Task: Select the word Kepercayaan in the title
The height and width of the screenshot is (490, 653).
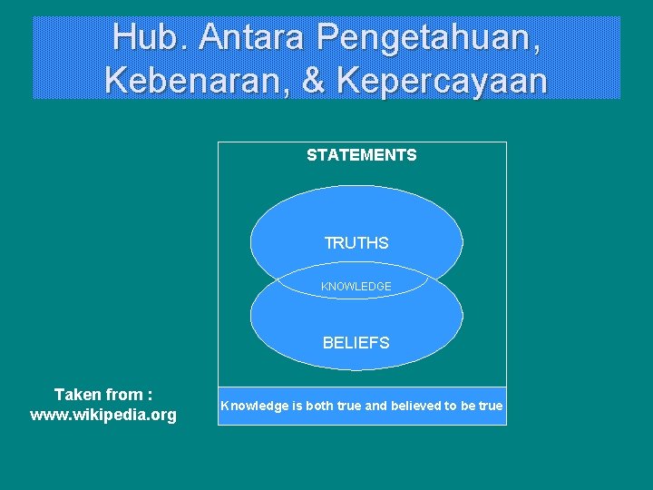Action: pyautogui.click(x=443, y=80)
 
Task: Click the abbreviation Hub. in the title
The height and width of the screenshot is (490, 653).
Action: pyautogui.click(x=150, y=37)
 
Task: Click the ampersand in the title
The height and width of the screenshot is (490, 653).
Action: pyautogui.click(x=314, y=80)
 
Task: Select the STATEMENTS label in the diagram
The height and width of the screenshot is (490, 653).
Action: pyautogui.click(x=361, y=155)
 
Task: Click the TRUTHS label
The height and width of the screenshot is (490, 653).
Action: pyautogui.click(x=356, y=243)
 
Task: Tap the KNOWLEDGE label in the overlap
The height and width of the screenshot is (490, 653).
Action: pyautogui.click(x=356, y=287)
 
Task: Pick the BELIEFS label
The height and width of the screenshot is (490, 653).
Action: pyautogui.click(x=356, y=343)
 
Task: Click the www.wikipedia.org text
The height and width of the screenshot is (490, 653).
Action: pyautogui.click(x=103, y=416)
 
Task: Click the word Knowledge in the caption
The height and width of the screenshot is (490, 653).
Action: pyautogui.click(x=253, y=406)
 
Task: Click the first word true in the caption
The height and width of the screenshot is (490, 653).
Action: pyautogui.click(x=349, y=406)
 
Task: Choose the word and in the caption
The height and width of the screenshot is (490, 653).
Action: pyautogui.click(x=375, y=406)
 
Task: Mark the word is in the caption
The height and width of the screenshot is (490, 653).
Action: pyautogui.click(x=296, y=406)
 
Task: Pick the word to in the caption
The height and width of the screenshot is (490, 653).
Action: pyautogui.click(x=451, y=406)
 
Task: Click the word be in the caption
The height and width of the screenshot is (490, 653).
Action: pyautogui.click(x=469, y=406)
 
